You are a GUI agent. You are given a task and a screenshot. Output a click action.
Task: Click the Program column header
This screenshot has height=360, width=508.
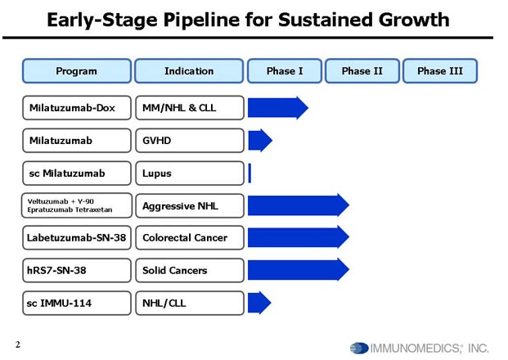click(x=77, y=71)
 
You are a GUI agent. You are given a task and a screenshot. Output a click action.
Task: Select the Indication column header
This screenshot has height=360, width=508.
click(x=189, y=71)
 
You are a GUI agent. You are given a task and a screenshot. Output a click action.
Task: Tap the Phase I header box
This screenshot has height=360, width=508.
click(x=285, y=71)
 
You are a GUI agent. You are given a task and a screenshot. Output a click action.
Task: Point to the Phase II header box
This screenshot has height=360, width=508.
click(x=362, y=71)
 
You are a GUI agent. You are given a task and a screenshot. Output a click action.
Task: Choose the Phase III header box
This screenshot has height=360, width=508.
click(x=440, y=71)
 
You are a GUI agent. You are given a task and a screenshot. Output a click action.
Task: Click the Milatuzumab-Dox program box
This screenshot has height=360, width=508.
click(x=77, y=107)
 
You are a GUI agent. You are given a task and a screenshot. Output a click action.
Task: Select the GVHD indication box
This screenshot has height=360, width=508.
click(x=190, y=141)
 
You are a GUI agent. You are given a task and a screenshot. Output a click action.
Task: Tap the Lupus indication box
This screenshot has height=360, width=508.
click(x=190, y=173)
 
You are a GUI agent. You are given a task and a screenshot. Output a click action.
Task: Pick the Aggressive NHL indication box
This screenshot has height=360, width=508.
click(x=190, y=205)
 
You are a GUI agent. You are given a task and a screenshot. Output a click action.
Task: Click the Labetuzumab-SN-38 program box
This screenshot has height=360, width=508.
click(x=77, y=238)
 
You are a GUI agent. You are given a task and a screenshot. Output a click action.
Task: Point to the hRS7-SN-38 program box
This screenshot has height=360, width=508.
click(x=77, y=271)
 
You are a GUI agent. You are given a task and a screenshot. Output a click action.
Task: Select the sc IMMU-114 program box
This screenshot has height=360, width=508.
click(x=77, y=304)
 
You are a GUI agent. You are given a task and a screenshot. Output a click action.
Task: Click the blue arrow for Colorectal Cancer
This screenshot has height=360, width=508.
click(x=299, y=237)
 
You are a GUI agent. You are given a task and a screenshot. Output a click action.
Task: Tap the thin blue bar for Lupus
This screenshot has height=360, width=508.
click(x=250, y=173)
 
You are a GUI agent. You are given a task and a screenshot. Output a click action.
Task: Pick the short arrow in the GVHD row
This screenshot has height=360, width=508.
click(x=260, y=140)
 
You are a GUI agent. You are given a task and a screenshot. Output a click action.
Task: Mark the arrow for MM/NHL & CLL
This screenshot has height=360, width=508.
click(x=278, y=108)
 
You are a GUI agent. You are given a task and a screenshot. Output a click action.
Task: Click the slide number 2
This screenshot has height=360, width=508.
click(x=18, y=344)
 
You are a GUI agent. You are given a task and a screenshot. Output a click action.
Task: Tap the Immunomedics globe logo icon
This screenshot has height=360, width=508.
click(x=359, y=349)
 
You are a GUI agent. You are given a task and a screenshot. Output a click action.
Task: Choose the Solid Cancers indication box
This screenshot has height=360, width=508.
click(x=190, y=271)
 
